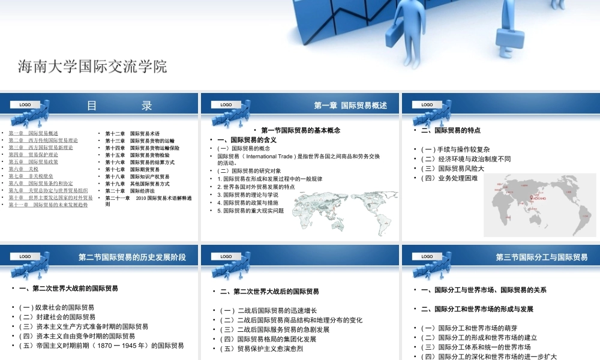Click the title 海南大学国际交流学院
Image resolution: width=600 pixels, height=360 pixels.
[92, 67]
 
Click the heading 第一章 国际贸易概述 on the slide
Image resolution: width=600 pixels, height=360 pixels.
[350, 106]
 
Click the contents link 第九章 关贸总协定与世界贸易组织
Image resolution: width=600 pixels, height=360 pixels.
[48, 191]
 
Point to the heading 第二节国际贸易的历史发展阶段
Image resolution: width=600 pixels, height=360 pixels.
[132, 257]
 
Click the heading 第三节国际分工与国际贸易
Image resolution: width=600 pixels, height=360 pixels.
[542, 257]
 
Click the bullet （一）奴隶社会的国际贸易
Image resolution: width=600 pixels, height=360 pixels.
[56, 307]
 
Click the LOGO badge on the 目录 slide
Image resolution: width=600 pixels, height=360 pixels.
[25, 105]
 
